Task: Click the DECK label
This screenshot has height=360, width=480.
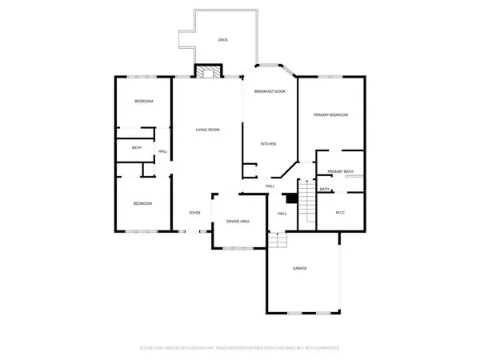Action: point(223,39)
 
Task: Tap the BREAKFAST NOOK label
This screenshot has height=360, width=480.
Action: point(270,93)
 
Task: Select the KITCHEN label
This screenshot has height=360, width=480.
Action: point(268,144)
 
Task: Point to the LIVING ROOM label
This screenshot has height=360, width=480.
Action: point(208,130)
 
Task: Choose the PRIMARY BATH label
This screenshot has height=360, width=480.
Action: point(341,171)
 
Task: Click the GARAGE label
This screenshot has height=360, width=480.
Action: point(299,268)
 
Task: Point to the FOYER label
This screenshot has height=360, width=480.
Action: point(194,213)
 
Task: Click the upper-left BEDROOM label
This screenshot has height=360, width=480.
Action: point(143,102)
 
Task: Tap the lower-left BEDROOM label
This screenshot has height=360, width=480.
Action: point(142,204)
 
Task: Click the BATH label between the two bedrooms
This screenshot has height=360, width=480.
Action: point(137,148)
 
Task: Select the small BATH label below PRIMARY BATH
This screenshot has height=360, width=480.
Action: point(325,190)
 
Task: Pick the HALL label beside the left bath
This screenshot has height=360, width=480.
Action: point(162,152)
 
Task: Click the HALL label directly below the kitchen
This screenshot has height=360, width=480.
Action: point(270,186)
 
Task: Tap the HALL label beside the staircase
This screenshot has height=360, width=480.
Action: point(282,214)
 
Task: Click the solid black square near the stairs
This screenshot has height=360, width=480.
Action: point(292,198)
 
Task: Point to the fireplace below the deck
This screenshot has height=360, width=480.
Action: point(208,72)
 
